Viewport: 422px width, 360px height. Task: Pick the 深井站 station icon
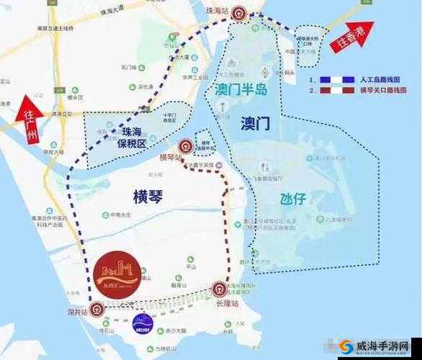coord(94,310)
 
